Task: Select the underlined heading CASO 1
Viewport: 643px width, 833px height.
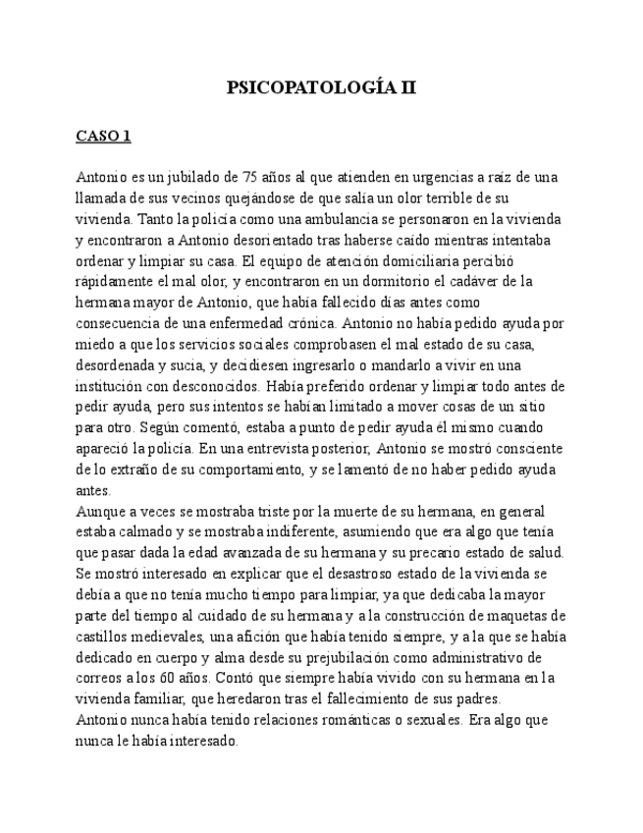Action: (x=102, y=137)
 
